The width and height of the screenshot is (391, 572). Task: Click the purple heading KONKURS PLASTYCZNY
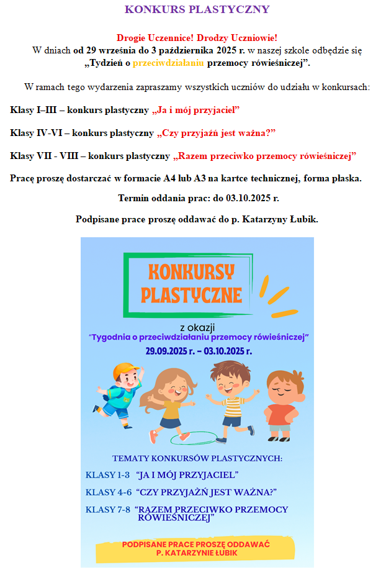(x=197, y=9)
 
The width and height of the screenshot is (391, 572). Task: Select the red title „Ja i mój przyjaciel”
(x=195, y=110)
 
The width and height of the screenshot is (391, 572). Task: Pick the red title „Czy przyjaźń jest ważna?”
(x=216, y=133)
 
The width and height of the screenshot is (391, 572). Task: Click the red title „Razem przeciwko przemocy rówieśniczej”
(x=265, y=155)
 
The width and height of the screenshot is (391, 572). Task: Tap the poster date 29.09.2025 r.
(x=168, y=350)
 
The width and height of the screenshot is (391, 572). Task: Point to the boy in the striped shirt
(x=229, y=401)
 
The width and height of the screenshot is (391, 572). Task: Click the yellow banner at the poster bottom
(x=196, y=548)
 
